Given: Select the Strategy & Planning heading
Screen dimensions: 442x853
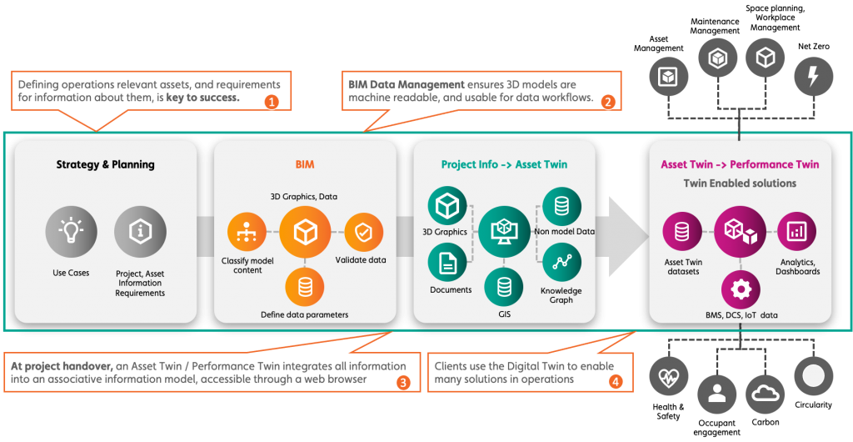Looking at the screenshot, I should tap(106, 165).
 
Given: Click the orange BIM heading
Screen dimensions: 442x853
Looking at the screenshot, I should tap(305, 165).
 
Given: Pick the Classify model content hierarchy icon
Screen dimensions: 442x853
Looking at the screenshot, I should tap(247, 233).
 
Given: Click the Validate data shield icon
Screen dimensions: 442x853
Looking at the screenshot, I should tap(364, 233).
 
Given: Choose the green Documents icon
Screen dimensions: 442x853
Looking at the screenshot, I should tap(447, 263).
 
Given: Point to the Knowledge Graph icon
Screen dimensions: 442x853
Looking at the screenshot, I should tap(561, 264).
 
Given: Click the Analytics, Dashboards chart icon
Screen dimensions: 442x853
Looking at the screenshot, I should tap(796, 233).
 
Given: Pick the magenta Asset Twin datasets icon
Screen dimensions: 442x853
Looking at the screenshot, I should tap(682, 233).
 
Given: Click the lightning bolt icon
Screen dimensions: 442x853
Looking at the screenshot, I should tap(813, 77).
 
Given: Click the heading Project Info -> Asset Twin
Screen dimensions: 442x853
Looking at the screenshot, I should tap(504, 165).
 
